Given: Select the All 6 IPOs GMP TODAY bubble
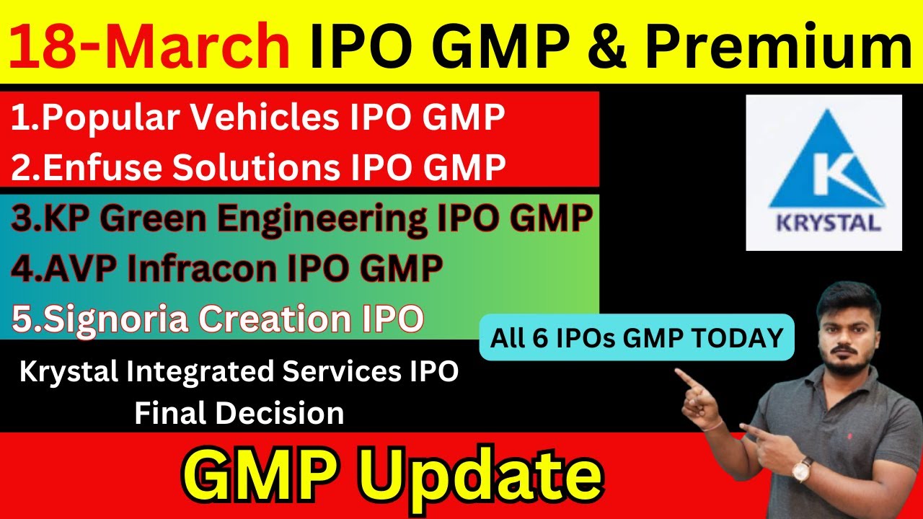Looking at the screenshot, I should click(x=637, y=337).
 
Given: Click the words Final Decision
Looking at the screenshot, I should click(x=239, y=413).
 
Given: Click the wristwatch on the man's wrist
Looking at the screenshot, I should click(x=801, y=470).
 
